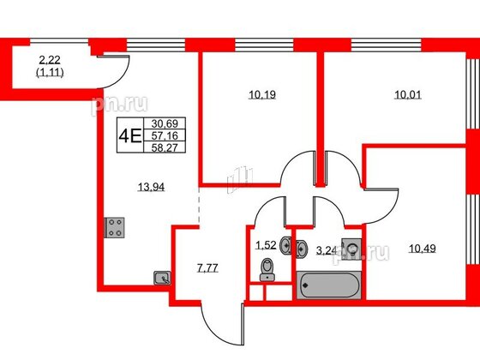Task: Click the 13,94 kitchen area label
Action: pyautogui.click(x=151, y=187)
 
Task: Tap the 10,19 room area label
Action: pyautogui.click(x=262, y=94)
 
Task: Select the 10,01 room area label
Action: pyautogui.click(x=408, y=95)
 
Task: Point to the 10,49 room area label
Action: pyautogui.click(x=423, y=249)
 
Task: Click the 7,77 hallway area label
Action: pyautogui.click(x=207, y=268)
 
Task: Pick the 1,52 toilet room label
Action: pyautogui.click(x=266, y=245)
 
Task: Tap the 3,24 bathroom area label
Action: pyautogui.click(x=327, y=251)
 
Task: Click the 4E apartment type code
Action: pyautogui.click(x=129, y=135)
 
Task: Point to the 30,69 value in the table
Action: pyautogui.click(x=165, y=123)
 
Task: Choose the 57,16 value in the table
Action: pyautogui.click(x=165, y=135)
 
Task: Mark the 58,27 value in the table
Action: pyautogui.click(x=165, y=147)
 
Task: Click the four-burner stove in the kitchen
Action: pyautogui.click(x=115, y=227)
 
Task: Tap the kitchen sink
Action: pyautogui.click(x=162, y=278)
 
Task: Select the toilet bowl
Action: pyautogui.click(x=267, y=269)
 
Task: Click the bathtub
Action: pyautogui.click(x=329, y=285)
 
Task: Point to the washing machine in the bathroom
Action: pyautogui.click(x=351, y=249)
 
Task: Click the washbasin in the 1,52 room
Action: pyautogui.click(x=285, y=245)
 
